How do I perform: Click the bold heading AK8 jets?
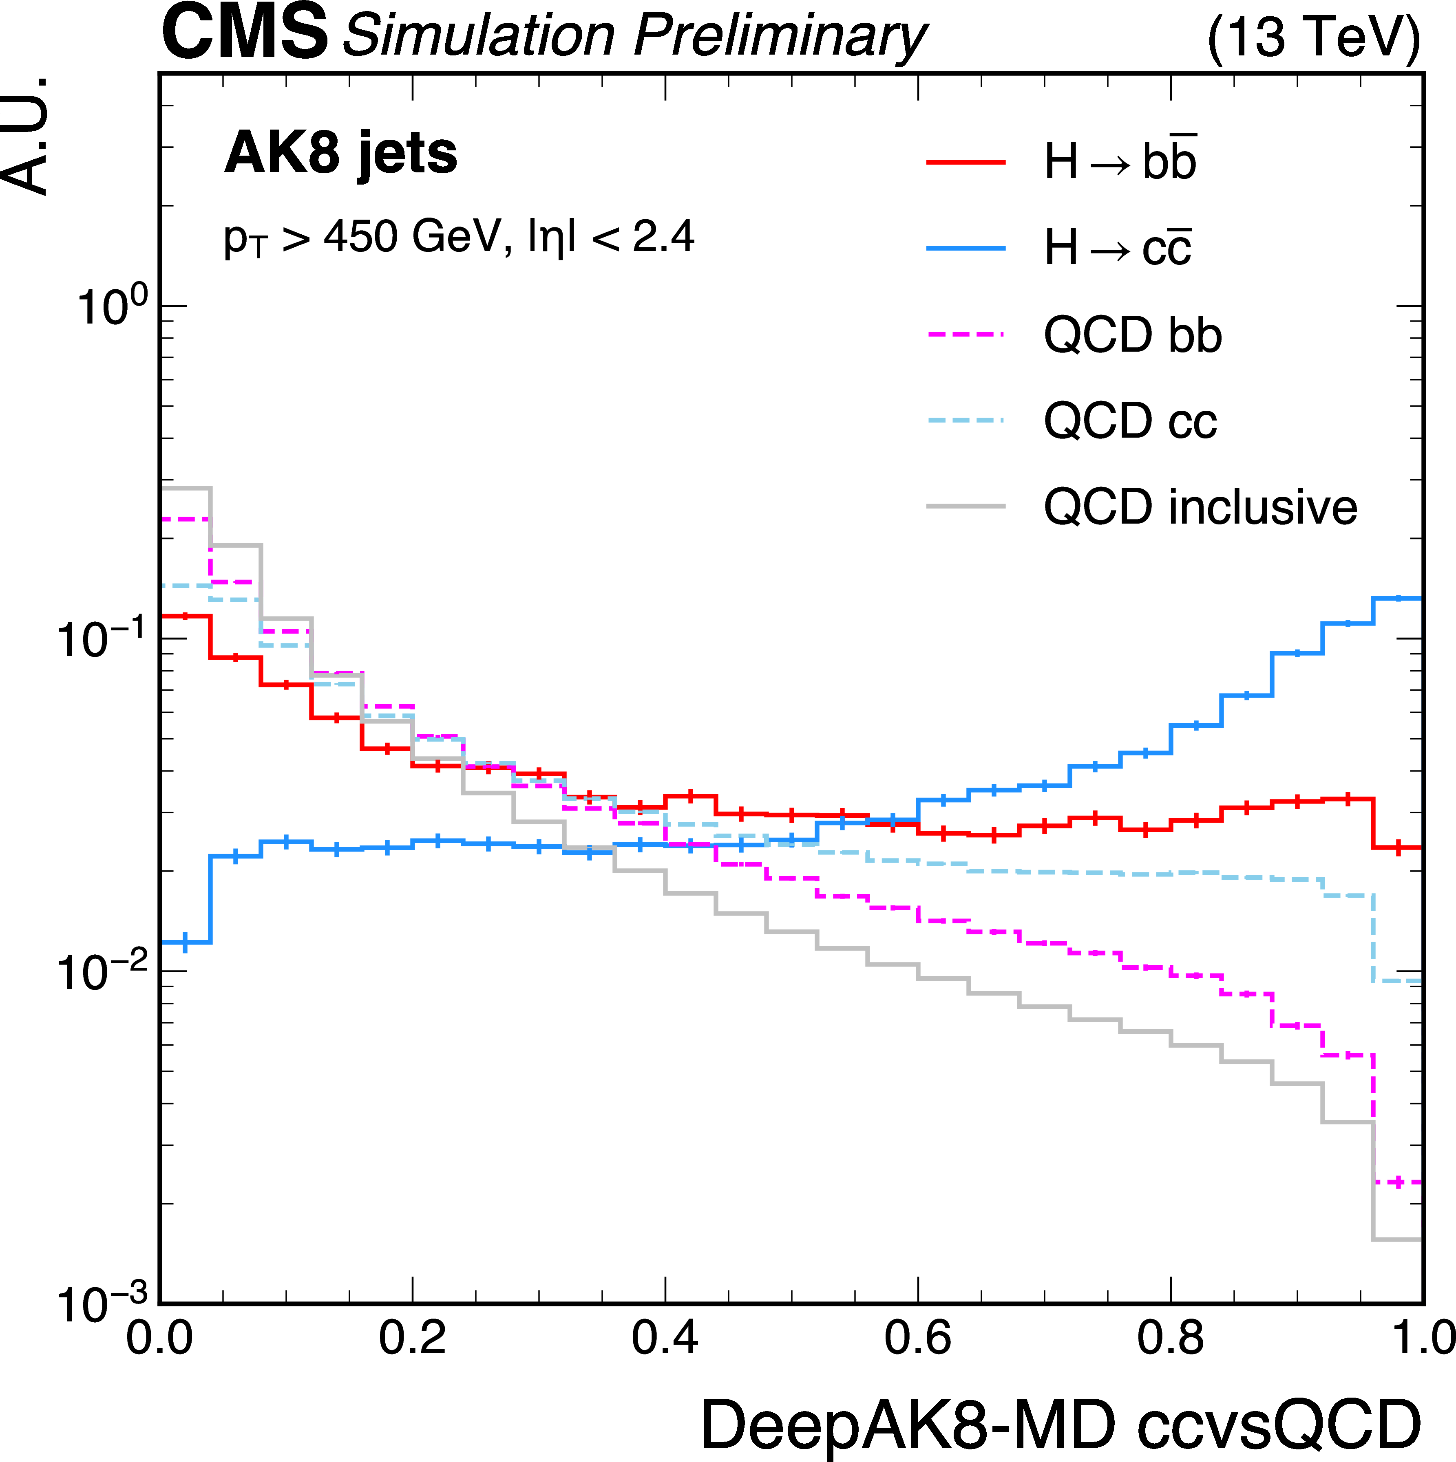[341, 154]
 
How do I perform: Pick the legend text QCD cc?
[1130, 421]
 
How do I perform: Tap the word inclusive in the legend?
[1262, 507]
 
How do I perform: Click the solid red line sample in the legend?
[966, 162]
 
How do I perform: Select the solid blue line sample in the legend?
[966, 248]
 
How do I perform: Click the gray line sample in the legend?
[966, 506]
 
